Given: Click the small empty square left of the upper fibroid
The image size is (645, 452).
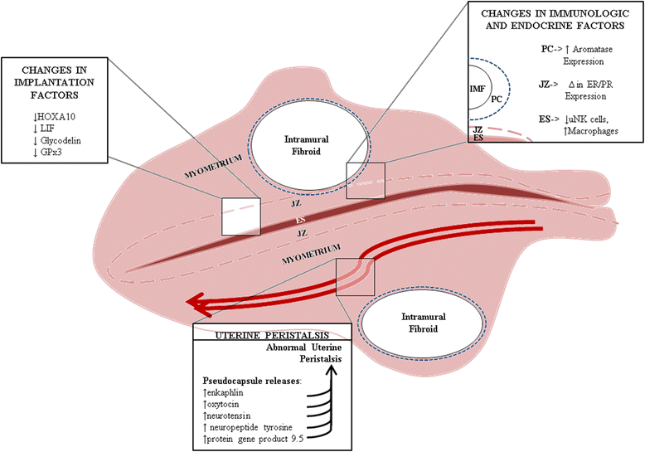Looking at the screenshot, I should tap(240, 217).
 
